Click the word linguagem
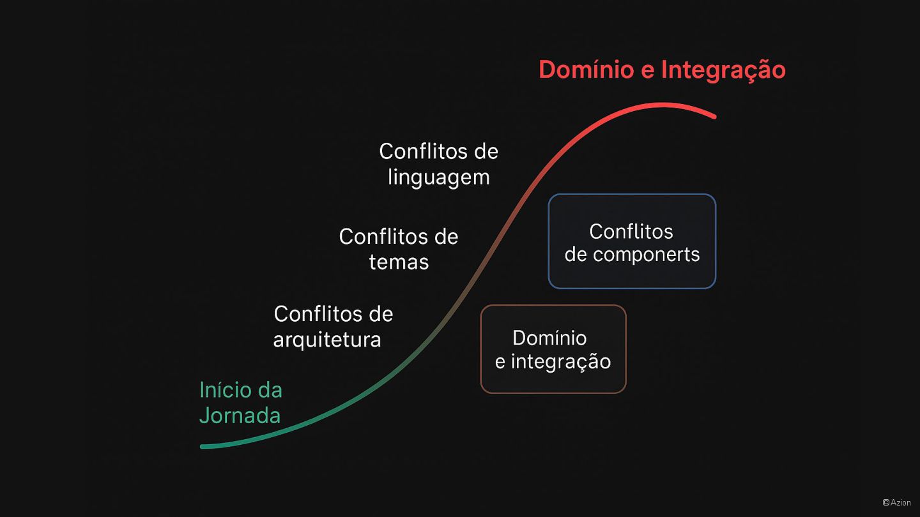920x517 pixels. pos(438,177)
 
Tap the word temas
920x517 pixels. pos(399,262)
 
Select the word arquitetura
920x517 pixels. pos(327,339)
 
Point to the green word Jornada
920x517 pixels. pos(240,416)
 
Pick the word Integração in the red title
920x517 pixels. pos(723,70)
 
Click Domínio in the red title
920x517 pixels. pos(586,70)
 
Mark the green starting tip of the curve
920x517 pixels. pos(203,446)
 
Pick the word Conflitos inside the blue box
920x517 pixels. pos(631,231)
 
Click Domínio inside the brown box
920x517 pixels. pos(549,338)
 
